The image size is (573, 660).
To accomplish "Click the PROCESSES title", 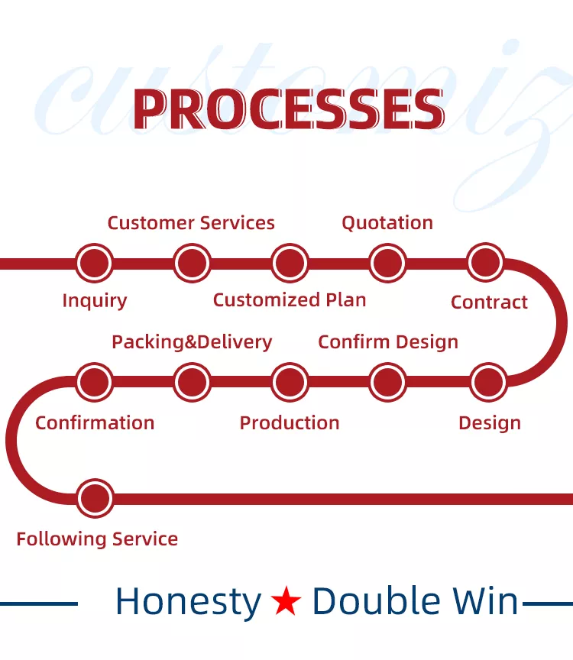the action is (x=289, y=109).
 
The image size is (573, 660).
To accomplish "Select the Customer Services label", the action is (x=191, y=222).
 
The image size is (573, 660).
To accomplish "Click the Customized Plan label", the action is (x=290, y=300).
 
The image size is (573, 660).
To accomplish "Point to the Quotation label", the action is (x=387, y=223).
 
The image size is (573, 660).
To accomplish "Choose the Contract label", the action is (x=489, y=302).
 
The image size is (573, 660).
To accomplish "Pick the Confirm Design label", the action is (x=388, y=342).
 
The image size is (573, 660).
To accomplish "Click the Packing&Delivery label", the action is (x=192, y=342).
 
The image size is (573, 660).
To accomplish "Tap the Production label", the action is (x=290, y=423).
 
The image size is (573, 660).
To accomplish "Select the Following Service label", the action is (x=97, y=539).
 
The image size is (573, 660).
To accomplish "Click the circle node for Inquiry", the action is (x=94, y=263).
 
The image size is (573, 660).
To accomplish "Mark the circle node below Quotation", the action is (x=388, y=263).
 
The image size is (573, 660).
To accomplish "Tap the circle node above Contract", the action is (x=485, y=262).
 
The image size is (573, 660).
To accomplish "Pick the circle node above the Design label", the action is (x=488, y=382).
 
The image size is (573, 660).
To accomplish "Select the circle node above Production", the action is (x=290, y=382).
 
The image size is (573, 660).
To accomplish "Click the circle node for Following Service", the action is (x=95, y=498).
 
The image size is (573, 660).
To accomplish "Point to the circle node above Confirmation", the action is (x=94, y=382).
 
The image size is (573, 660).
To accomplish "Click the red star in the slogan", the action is (x=286, y=600).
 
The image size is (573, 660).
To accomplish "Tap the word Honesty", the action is (x=188, y=602).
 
